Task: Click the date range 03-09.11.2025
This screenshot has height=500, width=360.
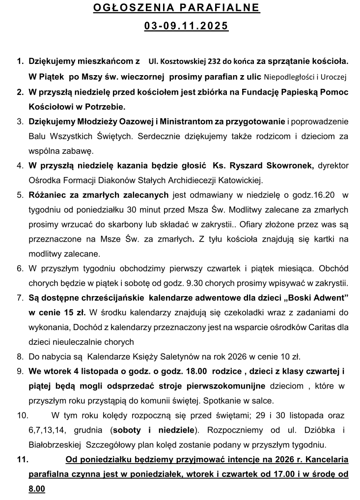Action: pos(186,26)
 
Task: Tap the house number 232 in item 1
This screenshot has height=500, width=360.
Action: pos(214,62)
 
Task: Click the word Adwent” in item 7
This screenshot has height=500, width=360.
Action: pos(331,298)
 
